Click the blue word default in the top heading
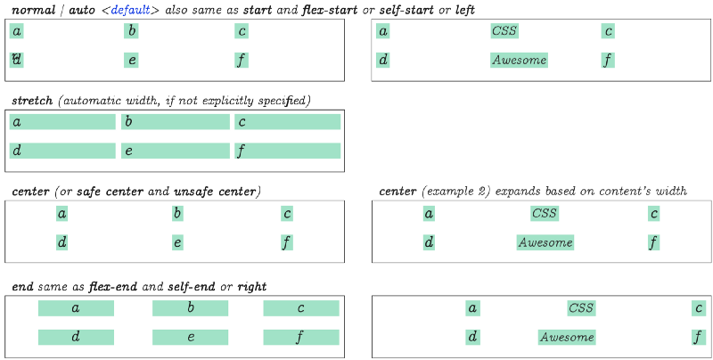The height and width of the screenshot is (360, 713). (x=130, y=10)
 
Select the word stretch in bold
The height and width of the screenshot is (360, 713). (x=32, y=101)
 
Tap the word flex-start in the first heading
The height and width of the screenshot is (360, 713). (x=330, y=10)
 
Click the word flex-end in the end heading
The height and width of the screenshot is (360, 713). (x=113, y=287)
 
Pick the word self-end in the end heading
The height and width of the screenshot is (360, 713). (x=192, y=287)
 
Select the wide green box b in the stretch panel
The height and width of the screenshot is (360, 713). (x=176, y=122)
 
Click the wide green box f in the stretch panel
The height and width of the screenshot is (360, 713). (x=287, y=151)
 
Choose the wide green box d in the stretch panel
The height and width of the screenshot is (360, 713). (x=62, y=151)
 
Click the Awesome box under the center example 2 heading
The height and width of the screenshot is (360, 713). (x=545, y=242)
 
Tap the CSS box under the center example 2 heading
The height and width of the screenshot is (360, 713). (x=545, y=213)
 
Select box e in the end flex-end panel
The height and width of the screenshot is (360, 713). (x=190, y=337)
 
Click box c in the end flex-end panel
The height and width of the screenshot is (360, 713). (x=301, y=308)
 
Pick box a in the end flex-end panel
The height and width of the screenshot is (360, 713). (x=76, y=308)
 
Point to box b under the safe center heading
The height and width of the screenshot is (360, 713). (x=177, y=213)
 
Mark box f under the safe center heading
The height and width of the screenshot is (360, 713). (x=287, y=242)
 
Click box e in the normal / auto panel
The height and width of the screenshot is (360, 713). (x=131, y=60)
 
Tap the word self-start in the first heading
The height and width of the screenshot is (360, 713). (x=406, y=10)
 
